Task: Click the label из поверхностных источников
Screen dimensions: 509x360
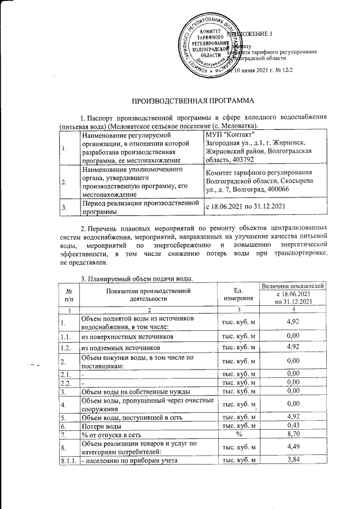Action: point(125,336)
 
